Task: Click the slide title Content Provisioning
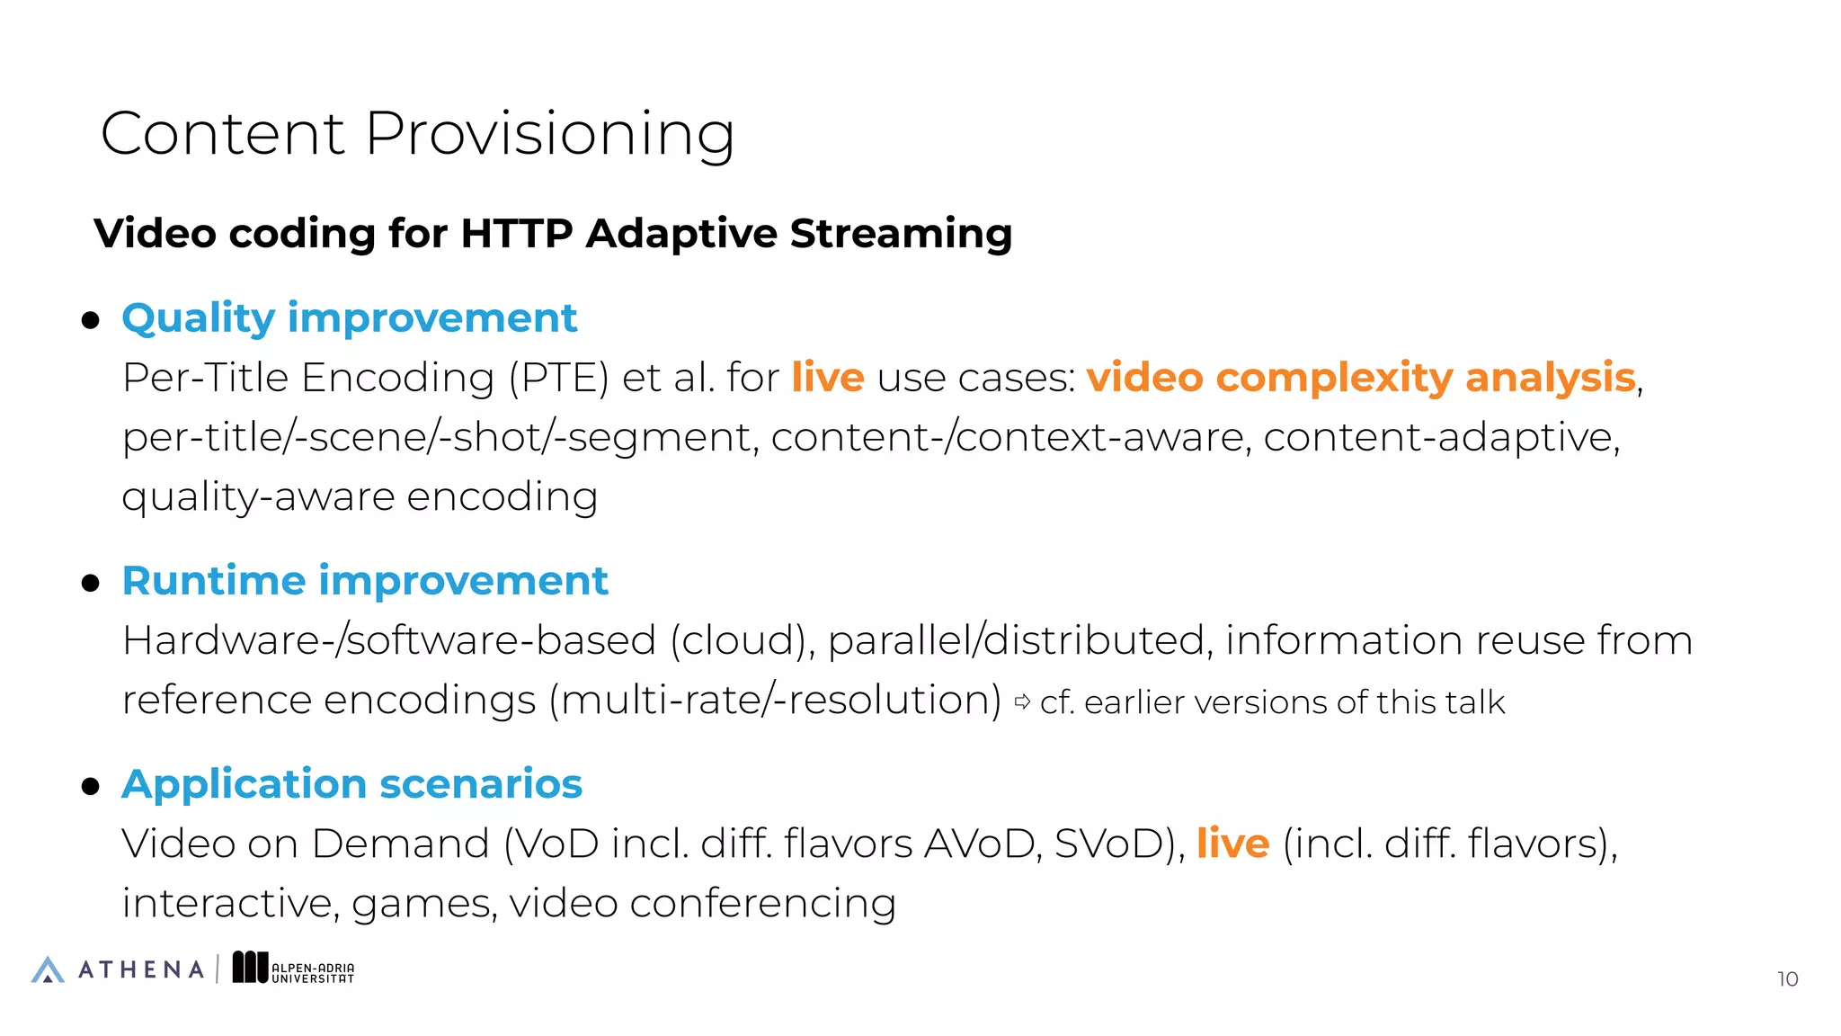417,133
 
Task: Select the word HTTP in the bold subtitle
516,234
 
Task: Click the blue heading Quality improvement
349,318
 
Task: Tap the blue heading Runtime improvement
365,581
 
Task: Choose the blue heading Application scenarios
351,784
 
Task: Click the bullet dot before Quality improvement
90,320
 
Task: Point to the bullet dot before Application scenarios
90,787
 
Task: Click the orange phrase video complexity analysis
1360,378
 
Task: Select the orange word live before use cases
827,378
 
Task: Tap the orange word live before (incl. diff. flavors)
1232,844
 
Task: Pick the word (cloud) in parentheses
742,641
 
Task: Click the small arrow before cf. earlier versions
1022,701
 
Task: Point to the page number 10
1787,978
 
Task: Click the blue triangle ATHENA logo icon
48,969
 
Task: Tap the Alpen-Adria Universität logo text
312,973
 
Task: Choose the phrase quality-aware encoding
360,497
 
